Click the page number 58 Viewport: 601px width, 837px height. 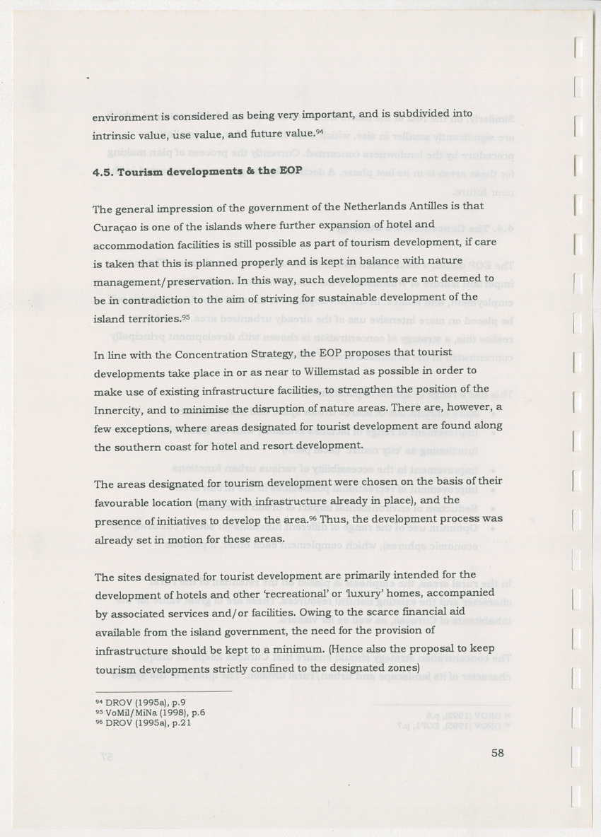[x=497, y=754]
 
